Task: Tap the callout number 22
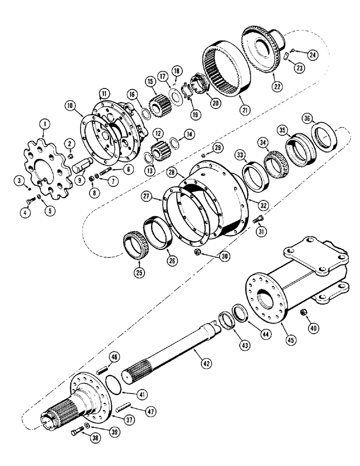tap(278, 86)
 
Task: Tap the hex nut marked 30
tap(198, 253)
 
